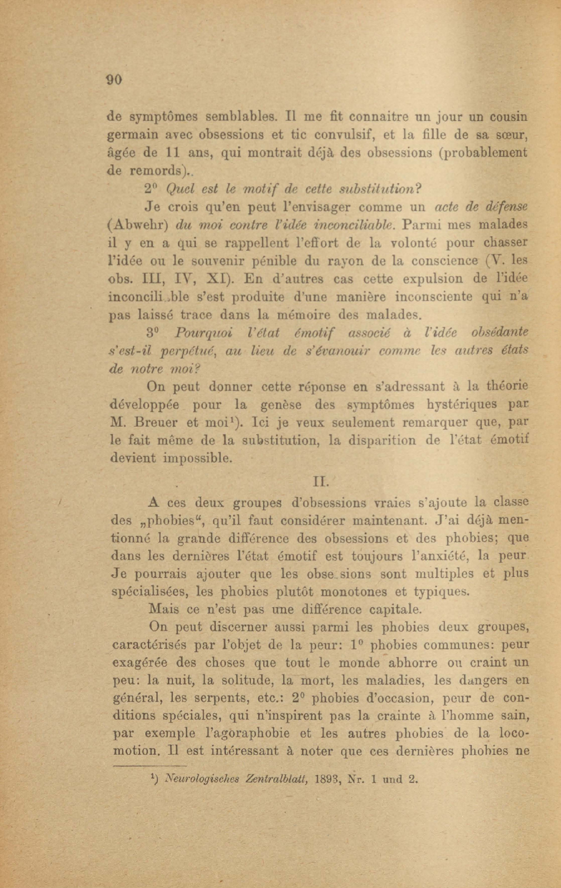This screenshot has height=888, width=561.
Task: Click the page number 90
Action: [x=114, y=80]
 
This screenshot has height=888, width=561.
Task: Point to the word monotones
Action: [x=338, y=591]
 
